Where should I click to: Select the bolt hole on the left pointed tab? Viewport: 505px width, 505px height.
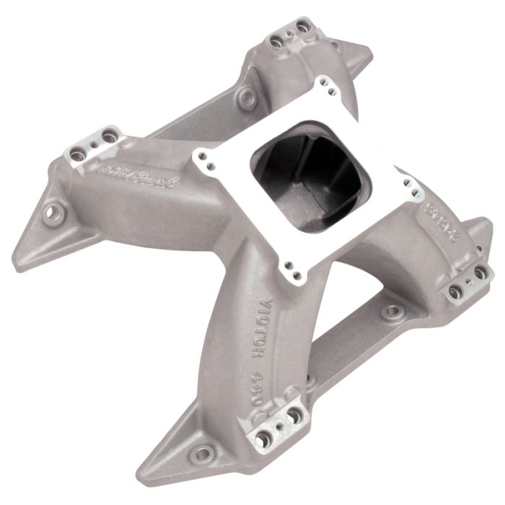[52, 212]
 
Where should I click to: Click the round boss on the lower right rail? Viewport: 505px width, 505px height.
[392, 312]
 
